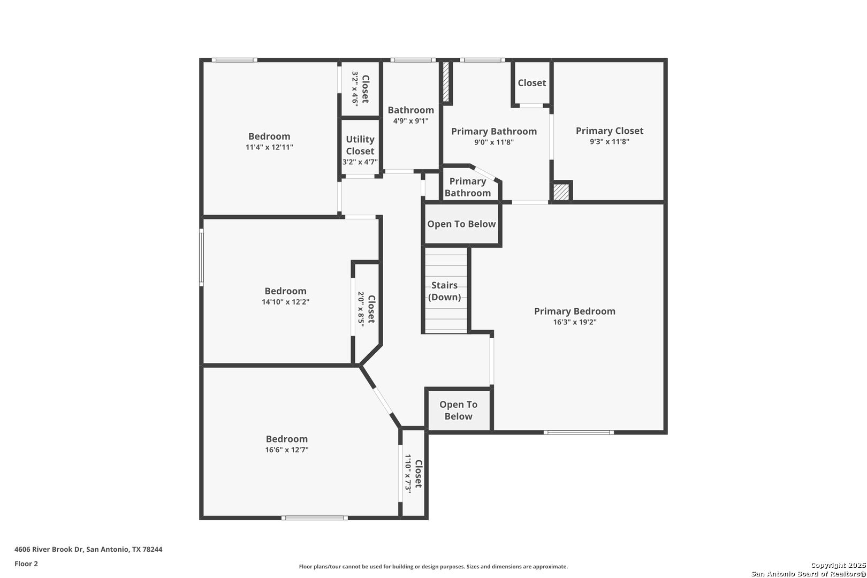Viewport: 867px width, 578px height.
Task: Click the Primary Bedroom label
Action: tap(575, 311)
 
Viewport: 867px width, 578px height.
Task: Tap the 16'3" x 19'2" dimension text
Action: tap(575, 322)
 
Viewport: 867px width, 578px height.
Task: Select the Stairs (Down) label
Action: tap(444, 291)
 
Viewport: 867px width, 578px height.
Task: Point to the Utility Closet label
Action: tap(360, 145)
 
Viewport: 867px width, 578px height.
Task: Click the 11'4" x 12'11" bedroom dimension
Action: tap(269, 147)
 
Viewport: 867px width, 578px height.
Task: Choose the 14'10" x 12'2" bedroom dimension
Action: tap(286, 302)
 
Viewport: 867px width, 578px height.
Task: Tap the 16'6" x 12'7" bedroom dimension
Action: tap(287, 450)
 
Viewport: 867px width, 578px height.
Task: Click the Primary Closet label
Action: tap(610, 131)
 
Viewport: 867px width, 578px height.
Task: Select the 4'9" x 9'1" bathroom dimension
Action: tap(410, 121)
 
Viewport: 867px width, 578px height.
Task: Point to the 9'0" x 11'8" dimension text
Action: tap(494, 142)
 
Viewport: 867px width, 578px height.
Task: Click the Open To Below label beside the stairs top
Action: tap(461, 224)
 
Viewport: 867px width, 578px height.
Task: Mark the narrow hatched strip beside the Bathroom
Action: tap(445, 81)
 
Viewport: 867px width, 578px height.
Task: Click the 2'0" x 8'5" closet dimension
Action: tap(361, 309)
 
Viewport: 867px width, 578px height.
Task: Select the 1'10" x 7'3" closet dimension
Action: tap(408, 474)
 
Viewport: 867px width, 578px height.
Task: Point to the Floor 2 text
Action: tap(26, 564)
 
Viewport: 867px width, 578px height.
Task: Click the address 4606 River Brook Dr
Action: tap(49, 549)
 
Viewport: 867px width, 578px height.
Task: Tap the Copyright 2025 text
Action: tap(838, 566)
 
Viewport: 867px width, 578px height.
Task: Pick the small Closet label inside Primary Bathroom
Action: tap(532, 83)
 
